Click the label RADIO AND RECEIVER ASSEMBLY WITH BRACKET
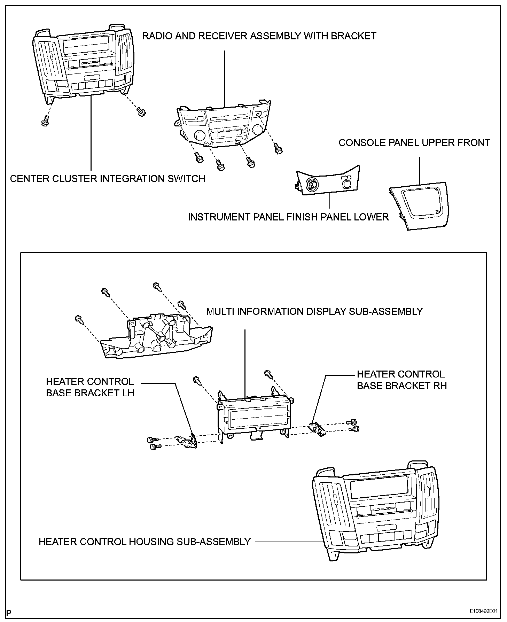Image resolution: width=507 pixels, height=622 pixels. pos(259,36)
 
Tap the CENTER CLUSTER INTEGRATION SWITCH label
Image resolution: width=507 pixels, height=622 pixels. pos(108,179)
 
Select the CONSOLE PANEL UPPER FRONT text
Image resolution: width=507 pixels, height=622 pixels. pos(414,143)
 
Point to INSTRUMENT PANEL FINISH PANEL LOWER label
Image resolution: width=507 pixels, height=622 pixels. pos(288,217)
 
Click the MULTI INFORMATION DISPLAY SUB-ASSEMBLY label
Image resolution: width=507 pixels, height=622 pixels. pos(314,311)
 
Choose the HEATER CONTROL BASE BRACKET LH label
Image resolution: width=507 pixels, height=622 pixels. pos(90,387)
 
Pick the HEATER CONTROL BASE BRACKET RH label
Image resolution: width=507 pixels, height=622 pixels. pos(401,380)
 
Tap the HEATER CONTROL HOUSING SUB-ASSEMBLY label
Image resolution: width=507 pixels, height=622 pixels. pos(145,542)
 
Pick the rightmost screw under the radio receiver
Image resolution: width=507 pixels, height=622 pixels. pos(278,149)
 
